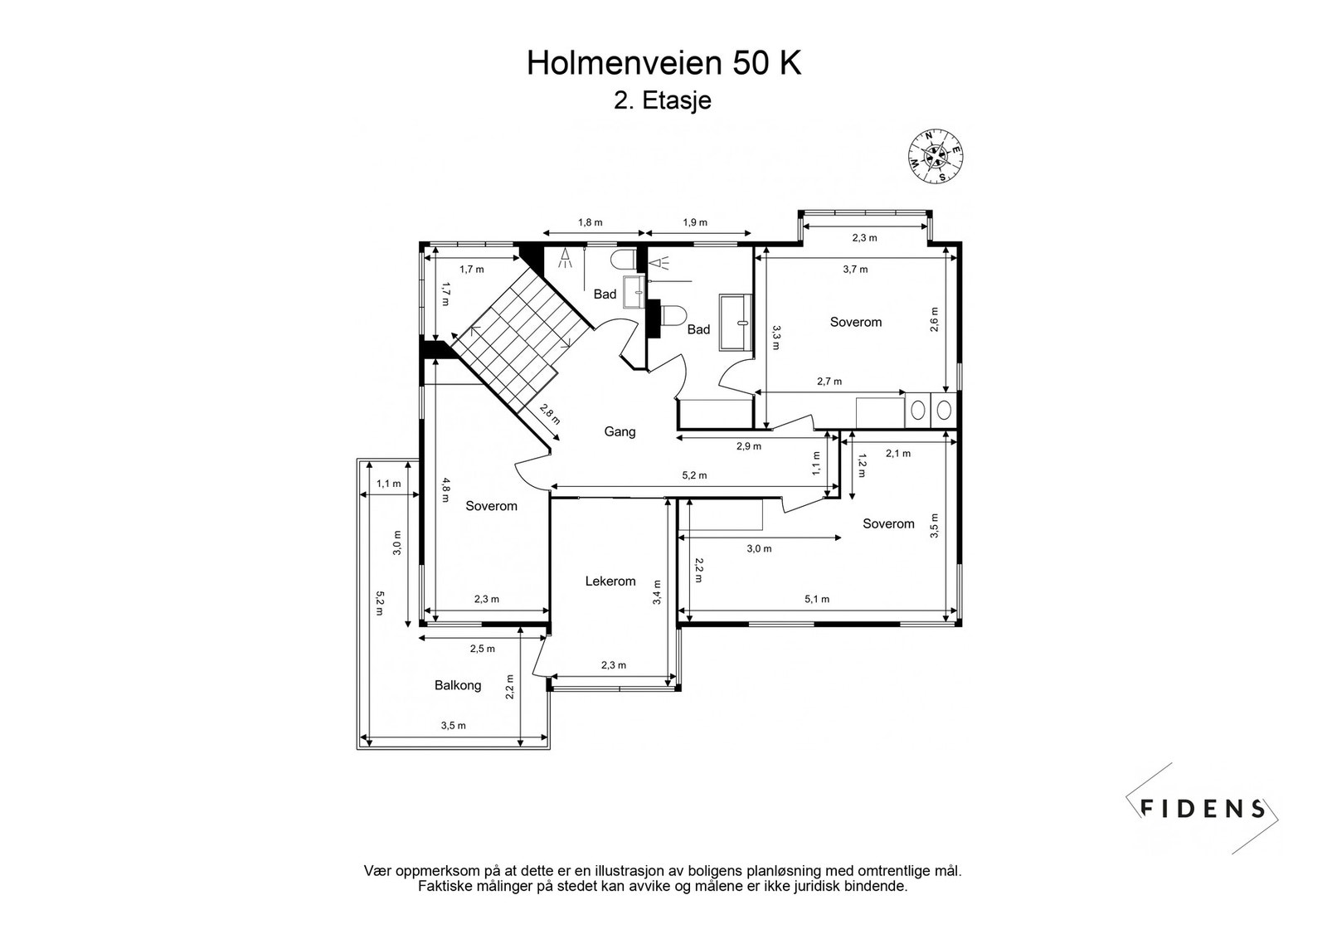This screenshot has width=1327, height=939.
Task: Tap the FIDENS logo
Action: pyautogui.click(x=1203, y=809)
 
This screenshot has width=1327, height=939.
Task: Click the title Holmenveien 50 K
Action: pyautogui.click(x=663, y=63)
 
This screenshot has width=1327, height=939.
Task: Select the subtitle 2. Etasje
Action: pyautogui.click(x=663, y=100)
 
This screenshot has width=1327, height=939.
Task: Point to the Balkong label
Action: pyautogui.click(x=458, y=685)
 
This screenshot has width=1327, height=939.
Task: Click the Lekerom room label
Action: pyautogui.click(x=610, y=581)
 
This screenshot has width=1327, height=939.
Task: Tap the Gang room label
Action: pyautogui.click(x=620, y=431)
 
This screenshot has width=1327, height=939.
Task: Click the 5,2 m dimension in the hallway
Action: pyautogui.click(x=694, y=475)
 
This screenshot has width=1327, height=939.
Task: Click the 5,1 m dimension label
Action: pyautogui.click(x=817, y=599)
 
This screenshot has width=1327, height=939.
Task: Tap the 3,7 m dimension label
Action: pyautogui.click(x=855, y=269)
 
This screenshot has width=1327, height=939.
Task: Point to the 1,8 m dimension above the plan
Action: pyautogui.click(x=590, y=222)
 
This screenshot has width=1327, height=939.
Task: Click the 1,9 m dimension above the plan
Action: pyautogui.click(x=695, y=222)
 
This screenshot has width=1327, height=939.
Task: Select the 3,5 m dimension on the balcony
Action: pyautogui.click(x=453, y=726)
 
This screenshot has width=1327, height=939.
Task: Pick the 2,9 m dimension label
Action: pyautogui.click(x=748, y=446)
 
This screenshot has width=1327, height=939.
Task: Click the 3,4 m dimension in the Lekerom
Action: pyautogui.click(x=657, y=592)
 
